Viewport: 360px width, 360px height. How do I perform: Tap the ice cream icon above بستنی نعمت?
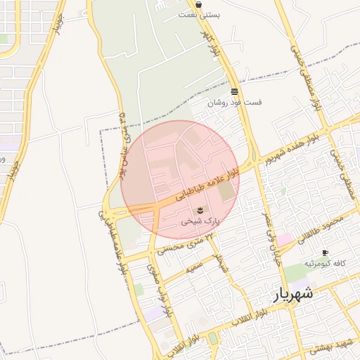click(x=200, y=4)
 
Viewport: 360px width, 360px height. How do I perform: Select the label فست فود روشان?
click(x=234, y=102)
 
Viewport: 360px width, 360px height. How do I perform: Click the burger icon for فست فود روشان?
click(x=234, y=91)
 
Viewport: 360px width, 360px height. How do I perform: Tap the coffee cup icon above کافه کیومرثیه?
click(x=325, y=253)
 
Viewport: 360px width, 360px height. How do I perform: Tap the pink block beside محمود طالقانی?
click(x=285, y=240)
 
